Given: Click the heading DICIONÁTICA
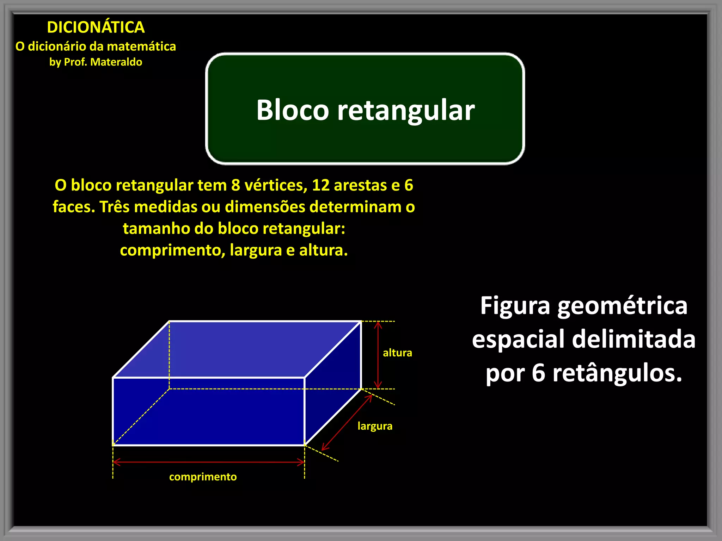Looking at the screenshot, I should (96, 27).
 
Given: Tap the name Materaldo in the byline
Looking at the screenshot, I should (116, 62).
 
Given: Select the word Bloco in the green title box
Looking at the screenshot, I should (292, 110).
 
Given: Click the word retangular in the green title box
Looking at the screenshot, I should (406, 111).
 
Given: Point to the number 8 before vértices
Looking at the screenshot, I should (235, 185).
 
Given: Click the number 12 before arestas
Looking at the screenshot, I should (320, 185).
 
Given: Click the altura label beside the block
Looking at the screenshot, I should (397, 353).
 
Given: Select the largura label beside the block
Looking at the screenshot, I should (375, 426).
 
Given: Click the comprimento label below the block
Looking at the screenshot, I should (203, 477).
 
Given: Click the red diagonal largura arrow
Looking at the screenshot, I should (347, 422).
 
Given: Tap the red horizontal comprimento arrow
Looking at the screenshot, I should (209, 462).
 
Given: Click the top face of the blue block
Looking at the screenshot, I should (236, 349).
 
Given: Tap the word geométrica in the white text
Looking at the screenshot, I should (622, 306).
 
